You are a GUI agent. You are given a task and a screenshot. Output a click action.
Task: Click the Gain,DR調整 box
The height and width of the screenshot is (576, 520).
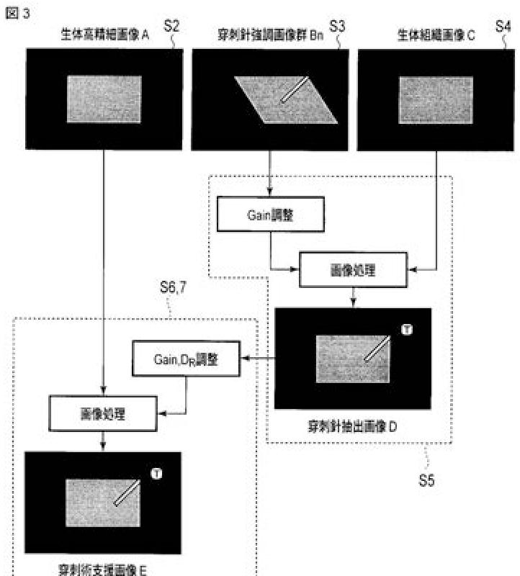185,359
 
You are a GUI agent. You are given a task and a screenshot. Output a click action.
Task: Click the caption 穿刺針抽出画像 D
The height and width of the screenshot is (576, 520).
353,426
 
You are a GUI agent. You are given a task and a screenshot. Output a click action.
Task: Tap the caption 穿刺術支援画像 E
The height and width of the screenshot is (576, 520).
102,570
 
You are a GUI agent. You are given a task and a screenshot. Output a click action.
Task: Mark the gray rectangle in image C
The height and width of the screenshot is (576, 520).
436,99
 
